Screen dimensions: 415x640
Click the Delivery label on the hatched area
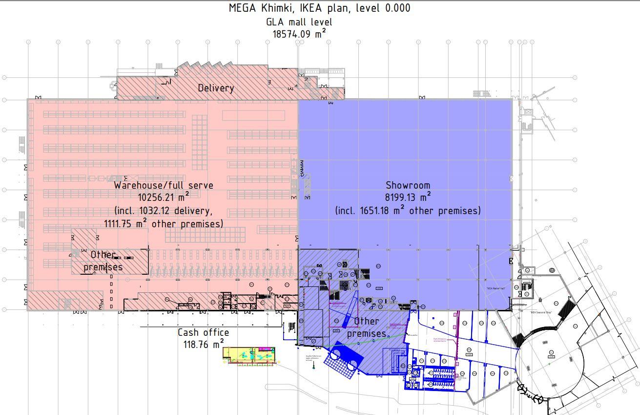tap(216, 88)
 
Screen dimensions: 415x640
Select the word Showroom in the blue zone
tap(408, 185)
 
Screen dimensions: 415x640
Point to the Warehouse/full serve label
tap(164, 185)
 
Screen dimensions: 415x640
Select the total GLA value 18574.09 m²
tap(299, 34)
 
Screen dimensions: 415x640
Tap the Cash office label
tap(203, 332)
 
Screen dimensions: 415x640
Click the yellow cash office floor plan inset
tap(249, 355)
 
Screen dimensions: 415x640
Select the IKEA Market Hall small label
tap(495, 288)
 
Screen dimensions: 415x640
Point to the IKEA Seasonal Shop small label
tap(541, 312)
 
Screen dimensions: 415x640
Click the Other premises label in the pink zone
tap(103, 261)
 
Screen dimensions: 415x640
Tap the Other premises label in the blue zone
tap(367, 327)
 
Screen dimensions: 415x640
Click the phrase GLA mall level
tap(299, 22)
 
